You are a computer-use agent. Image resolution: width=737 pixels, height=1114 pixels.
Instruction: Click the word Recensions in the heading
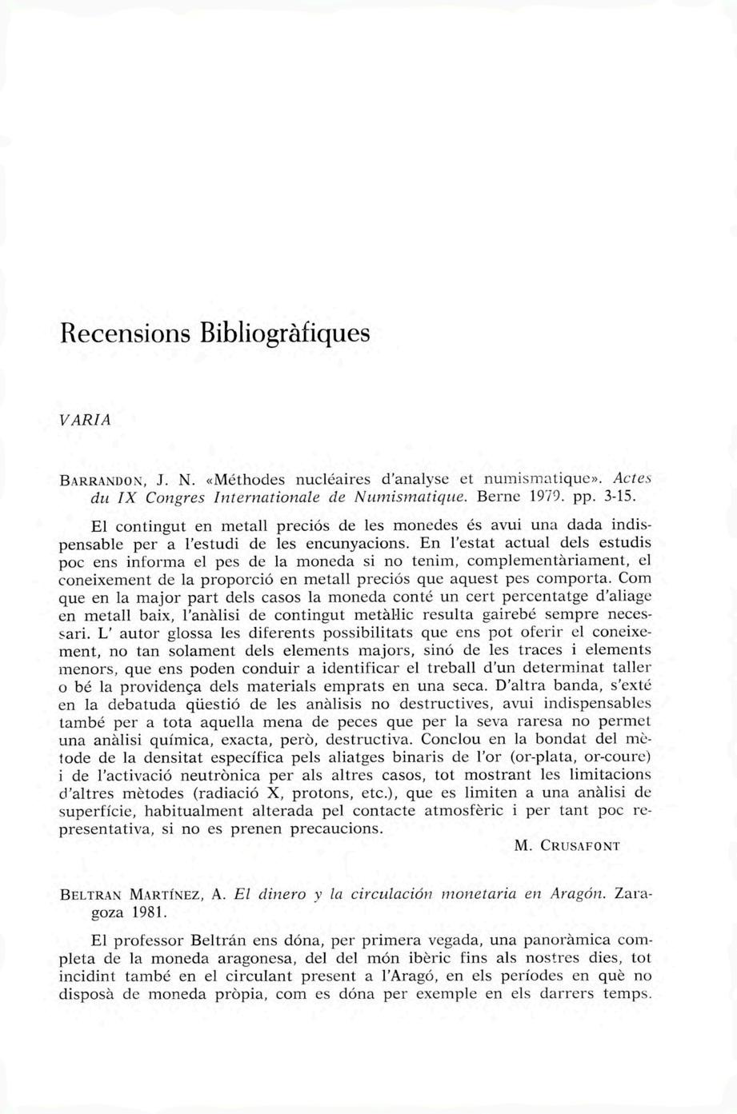126,330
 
